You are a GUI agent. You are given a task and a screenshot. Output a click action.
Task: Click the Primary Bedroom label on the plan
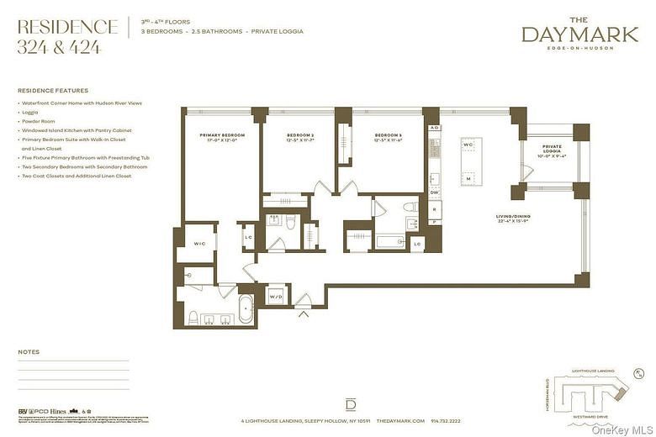(x=222, y=138)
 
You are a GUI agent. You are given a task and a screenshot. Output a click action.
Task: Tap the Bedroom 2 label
(x=299, y=138)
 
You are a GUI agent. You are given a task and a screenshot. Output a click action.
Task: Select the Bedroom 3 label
(x=388, y=138)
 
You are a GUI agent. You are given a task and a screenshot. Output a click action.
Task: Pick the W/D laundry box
(x=277, y=296)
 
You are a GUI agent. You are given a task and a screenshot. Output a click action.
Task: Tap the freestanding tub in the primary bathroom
(x=246, y=308)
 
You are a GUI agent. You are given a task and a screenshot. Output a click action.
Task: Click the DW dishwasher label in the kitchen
(x=434, y=193)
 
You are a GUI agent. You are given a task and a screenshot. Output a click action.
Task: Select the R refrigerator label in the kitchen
(x=434, y=208)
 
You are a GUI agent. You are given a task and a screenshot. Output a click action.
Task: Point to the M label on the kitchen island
(x=468, y=178)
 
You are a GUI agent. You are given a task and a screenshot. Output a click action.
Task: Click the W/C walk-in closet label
(x=199, y=245)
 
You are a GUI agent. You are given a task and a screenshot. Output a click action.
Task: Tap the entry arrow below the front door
(x=303, y=315)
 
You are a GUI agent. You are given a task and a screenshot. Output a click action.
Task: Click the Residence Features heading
(x=52, y=91)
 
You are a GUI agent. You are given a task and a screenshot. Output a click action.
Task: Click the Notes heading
(x=29, y=352)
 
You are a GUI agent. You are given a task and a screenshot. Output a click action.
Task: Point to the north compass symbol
(x=639, y=374)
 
